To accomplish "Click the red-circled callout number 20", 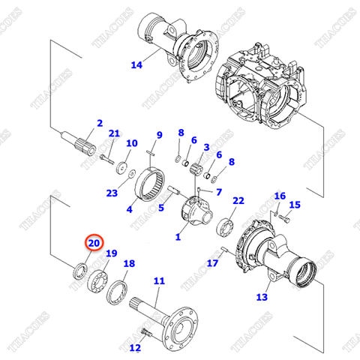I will click(93, 243).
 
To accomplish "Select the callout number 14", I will click(136, 65).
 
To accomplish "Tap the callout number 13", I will click(261, 297).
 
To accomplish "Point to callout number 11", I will click(158, 281).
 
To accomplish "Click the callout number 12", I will click(135, 347).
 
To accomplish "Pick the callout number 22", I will click(238, 201).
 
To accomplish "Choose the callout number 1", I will click(178, 236).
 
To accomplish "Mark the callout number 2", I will click(99, 123).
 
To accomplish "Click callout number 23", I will click(112, 193).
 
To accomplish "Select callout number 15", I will click(295, 205).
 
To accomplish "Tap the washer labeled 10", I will click(121, 168).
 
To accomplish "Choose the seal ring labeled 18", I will click(118, 292).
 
